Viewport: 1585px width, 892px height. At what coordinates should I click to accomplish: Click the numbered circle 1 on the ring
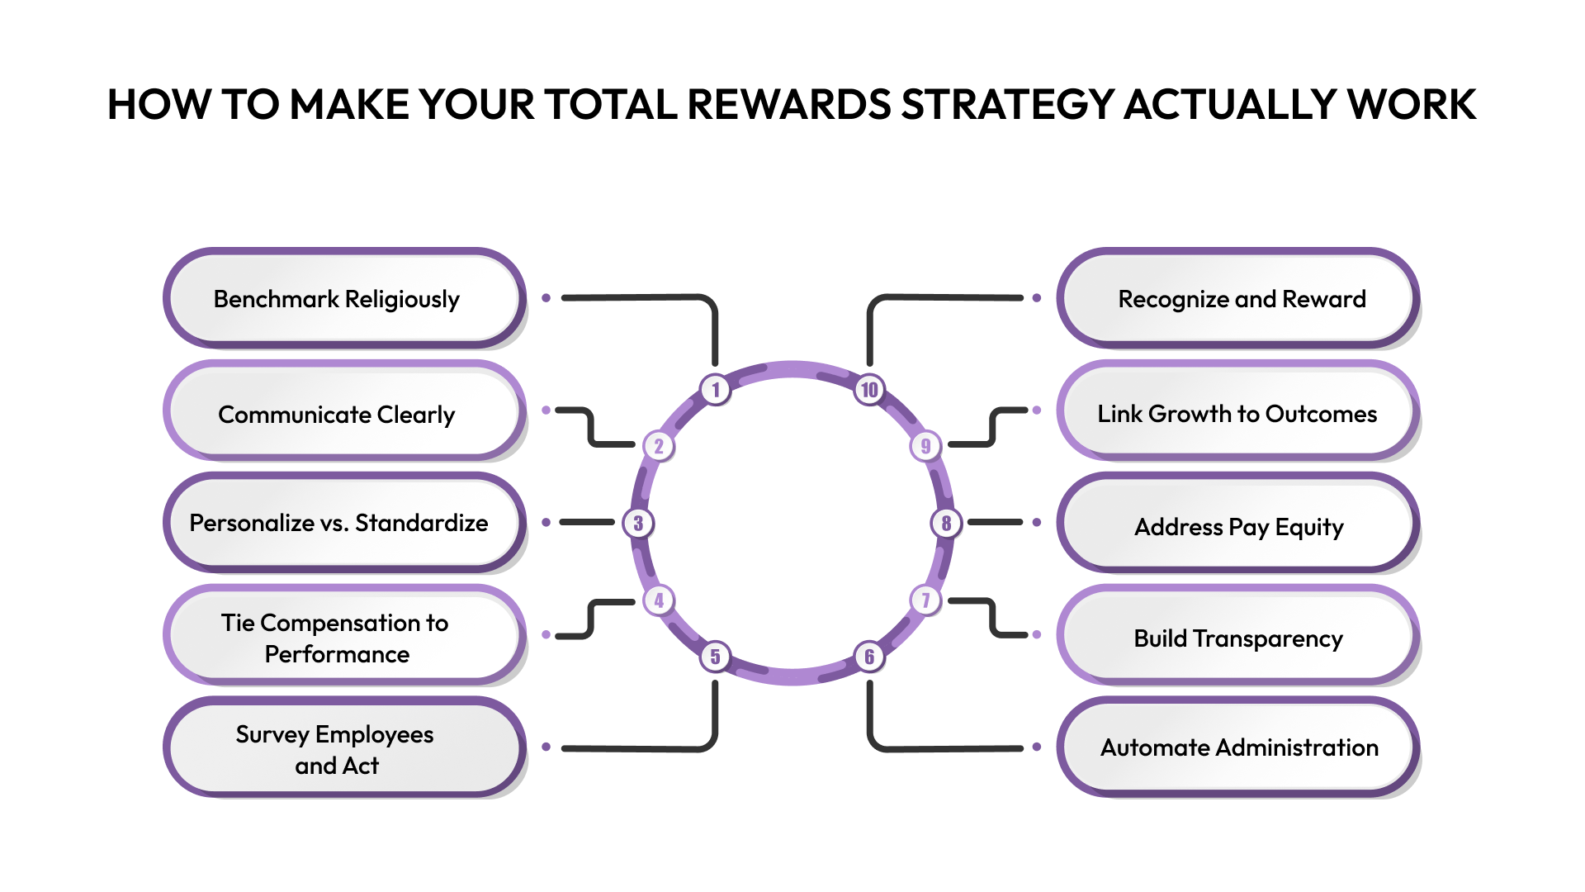(716, 389)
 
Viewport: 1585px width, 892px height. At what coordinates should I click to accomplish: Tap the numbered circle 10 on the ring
(869, 389)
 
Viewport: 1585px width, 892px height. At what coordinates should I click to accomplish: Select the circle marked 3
(638, 523)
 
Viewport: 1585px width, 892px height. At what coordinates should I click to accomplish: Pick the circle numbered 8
(946, 523)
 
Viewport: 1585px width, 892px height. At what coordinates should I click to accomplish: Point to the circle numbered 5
(716, 657)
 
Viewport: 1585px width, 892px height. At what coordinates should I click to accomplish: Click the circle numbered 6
(869, 657)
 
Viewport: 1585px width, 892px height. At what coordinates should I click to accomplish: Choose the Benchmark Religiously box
(343, 298)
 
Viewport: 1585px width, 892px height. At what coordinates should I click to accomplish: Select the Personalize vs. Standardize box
(343, 523)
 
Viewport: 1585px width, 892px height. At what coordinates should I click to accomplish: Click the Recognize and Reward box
(1238, 298)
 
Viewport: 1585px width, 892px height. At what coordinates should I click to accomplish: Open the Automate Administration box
(1238, 747)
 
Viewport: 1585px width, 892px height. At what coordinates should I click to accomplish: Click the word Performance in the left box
(337, 654)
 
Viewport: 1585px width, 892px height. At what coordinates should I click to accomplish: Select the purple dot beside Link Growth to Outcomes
(1037, 410)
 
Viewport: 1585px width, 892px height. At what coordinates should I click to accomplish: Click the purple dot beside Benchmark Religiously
(546, 297)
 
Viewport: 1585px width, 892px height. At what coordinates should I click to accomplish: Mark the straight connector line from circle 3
(587, 522)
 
